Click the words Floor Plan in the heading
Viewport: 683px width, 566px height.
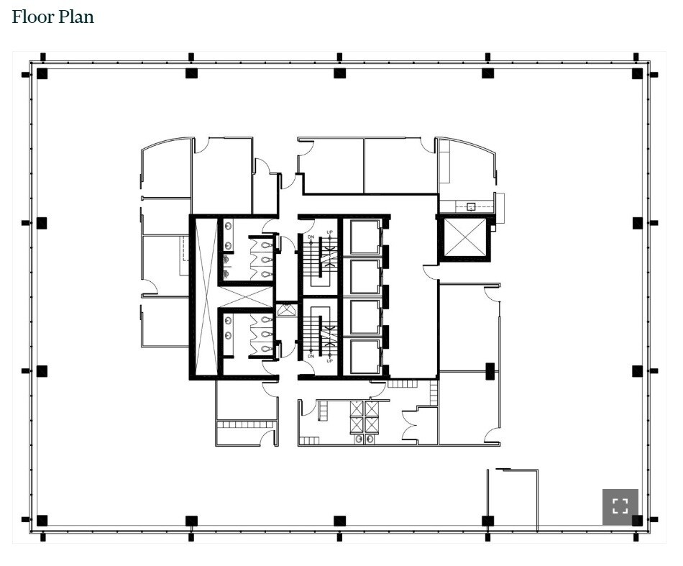coord(53,17)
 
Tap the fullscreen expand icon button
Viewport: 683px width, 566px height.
coord(620,506)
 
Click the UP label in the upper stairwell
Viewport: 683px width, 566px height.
coord(330,232)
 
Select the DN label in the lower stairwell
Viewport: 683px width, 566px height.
coord(311,356)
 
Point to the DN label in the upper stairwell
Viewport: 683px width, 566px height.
coord(311,237)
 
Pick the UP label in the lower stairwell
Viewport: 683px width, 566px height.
coord(330,360)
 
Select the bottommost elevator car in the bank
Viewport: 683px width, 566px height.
coord(365,357)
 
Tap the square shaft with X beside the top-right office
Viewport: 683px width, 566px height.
coord(465,237)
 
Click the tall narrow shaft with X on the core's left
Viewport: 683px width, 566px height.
coord(206,296)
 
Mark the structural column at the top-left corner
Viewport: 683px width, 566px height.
coord(42,73)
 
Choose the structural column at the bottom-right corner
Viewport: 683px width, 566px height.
coord(637,520)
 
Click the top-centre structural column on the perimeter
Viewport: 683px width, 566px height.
coord(339,73)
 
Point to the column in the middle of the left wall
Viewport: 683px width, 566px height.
coord(42,223)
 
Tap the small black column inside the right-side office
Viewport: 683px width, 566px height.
coord(490,371)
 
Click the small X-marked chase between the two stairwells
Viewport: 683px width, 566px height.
coord(286,311)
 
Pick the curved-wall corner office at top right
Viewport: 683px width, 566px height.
coord(466,169)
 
